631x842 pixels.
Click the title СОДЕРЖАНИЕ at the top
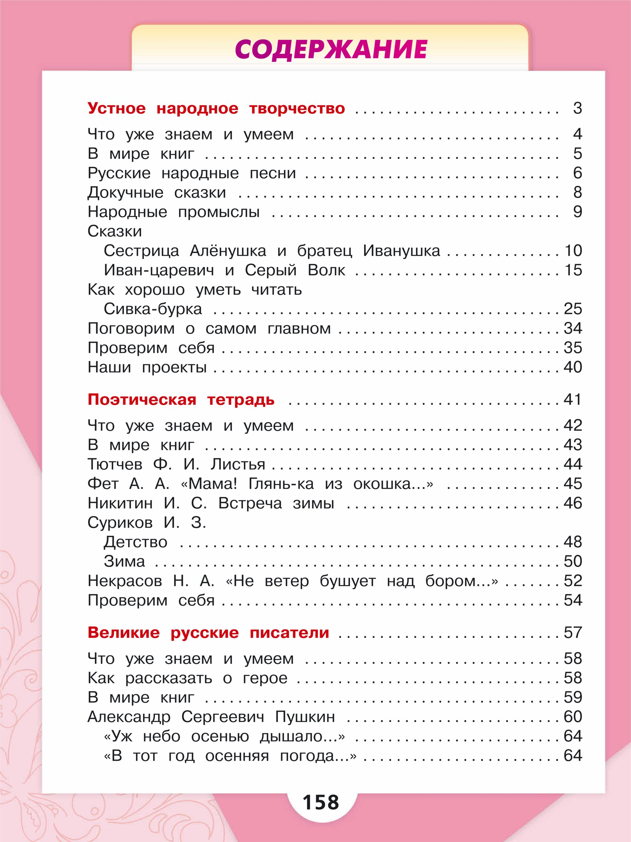pos(330,50)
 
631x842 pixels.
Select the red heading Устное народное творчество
pos(216,108)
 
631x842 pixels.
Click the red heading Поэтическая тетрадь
pos(181,400)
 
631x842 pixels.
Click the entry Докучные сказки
pos(157,193)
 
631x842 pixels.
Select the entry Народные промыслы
pos(173,212)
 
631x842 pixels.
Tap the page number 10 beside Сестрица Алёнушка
pos(573,251)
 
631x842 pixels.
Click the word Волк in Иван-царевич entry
pos(326,270)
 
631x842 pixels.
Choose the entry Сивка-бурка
pos(152,309)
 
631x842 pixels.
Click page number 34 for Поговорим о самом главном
pos(573,329)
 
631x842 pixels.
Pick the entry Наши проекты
pos(147,367)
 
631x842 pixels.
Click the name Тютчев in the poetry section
pos(115,465)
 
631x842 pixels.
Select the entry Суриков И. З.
pos(147,523)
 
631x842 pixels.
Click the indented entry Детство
pos(135,542)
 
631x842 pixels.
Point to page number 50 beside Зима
pos(573,562)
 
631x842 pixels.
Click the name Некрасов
pos(125,581)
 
